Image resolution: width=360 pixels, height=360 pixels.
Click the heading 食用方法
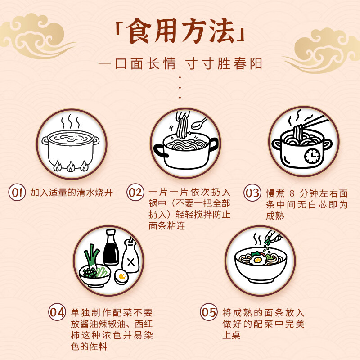click(x=180, y=31)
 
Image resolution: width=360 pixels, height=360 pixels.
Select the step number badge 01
click(x=18, y=193)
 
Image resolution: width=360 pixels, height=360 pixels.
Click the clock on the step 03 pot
click(x=311, y=156)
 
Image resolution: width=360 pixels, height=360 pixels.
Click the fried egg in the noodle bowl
click(x=257, y=260)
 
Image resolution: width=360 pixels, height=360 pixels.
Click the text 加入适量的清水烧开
click(x=72, y=193)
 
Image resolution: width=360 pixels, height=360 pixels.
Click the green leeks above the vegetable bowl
click(x=92, y=257)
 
